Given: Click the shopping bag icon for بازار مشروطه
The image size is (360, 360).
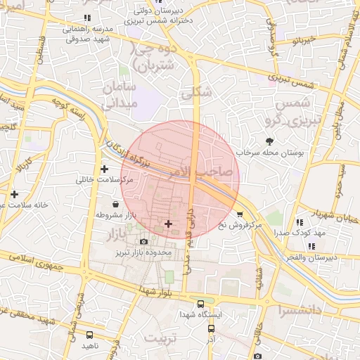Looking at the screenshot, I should coord(114,204).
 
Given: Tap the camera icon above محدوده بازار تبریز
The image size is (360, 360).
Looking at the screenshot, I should coord(143,241).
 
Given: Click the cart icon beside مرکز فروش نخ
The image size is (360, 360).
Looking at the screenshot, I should coord(240,214).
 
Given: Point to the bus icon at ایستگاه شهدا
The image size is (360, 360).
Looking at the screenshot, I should coord(201,304).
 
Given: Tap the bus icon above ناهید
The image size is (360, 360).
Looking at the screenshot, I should coord(89,335).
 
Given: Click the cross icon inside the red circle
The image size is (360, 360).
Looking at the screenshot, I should coord(167,224).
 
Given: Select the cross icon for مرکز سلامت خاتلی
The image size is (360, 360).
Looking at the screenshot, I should coord(104,169).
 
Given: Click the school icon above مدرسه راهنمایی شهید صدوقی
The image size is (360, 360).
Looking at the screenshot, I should coord(86,18).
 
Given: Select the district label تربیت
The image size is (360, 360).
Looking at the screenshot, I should coord(162,339).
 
